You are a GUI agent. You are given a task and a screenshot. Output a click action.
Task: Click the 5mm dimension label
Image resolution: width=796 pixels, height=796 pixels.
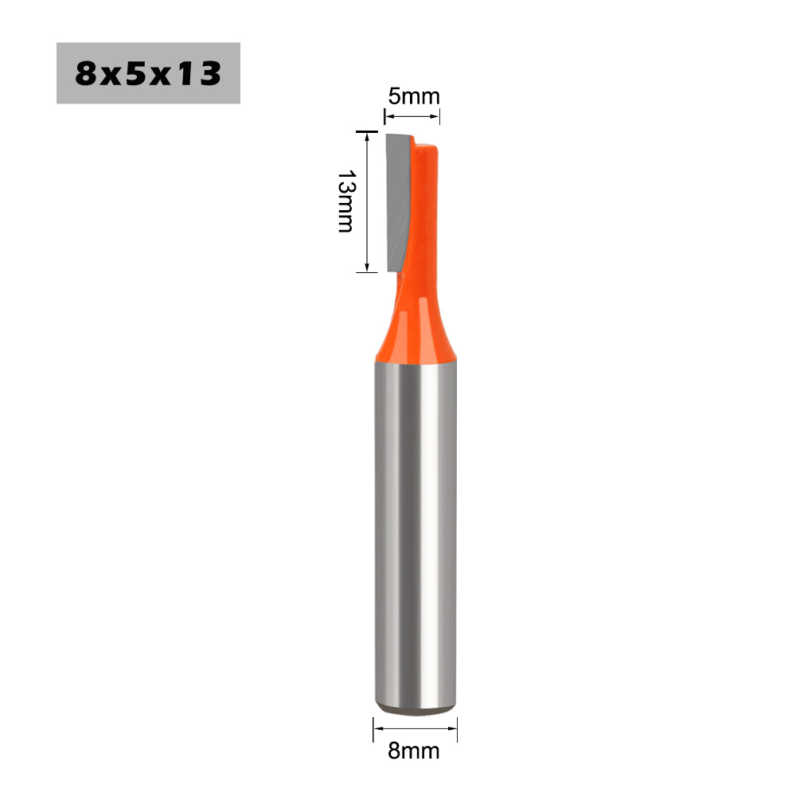tap(414, 96)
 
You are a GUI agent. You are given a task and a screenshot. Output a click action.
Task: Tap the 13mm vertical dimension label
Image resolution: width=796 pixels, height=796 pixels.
tap(346, 201)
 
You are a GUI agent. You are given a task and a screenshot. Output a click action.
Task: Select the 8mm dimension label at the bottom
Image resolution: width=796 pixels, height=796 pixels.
tap(414, 751)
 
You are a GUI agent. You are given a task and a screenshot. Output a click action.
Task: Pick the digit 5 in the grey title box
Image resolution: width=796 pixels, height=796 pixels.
tap(137, 73)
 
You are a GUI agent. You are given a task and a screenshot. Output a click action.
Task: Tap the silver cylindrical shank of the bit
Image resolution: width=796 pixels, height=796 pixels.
tap(416, 533)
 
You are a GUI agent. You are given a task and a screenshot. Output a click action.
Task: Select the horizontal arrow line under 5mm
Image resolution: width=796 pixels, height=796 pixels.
tap(412, 117)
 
